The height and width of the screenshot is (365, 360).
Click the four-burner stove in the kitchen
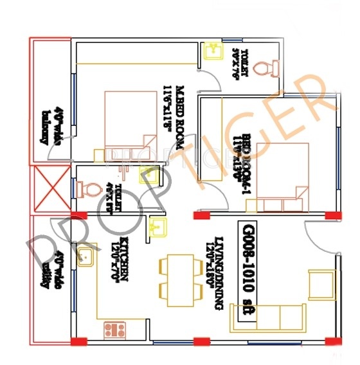coord(114,330)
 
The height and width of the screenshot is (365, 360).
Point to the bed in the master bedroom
coord(130,120)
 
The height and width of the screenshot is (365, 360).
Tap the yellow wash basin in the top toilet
coord(213,49)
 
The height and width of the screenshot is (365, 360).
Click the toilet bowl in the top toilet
coord(266,67)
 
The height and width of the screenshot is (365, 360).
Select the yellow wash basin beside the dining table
coord(158,226)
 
